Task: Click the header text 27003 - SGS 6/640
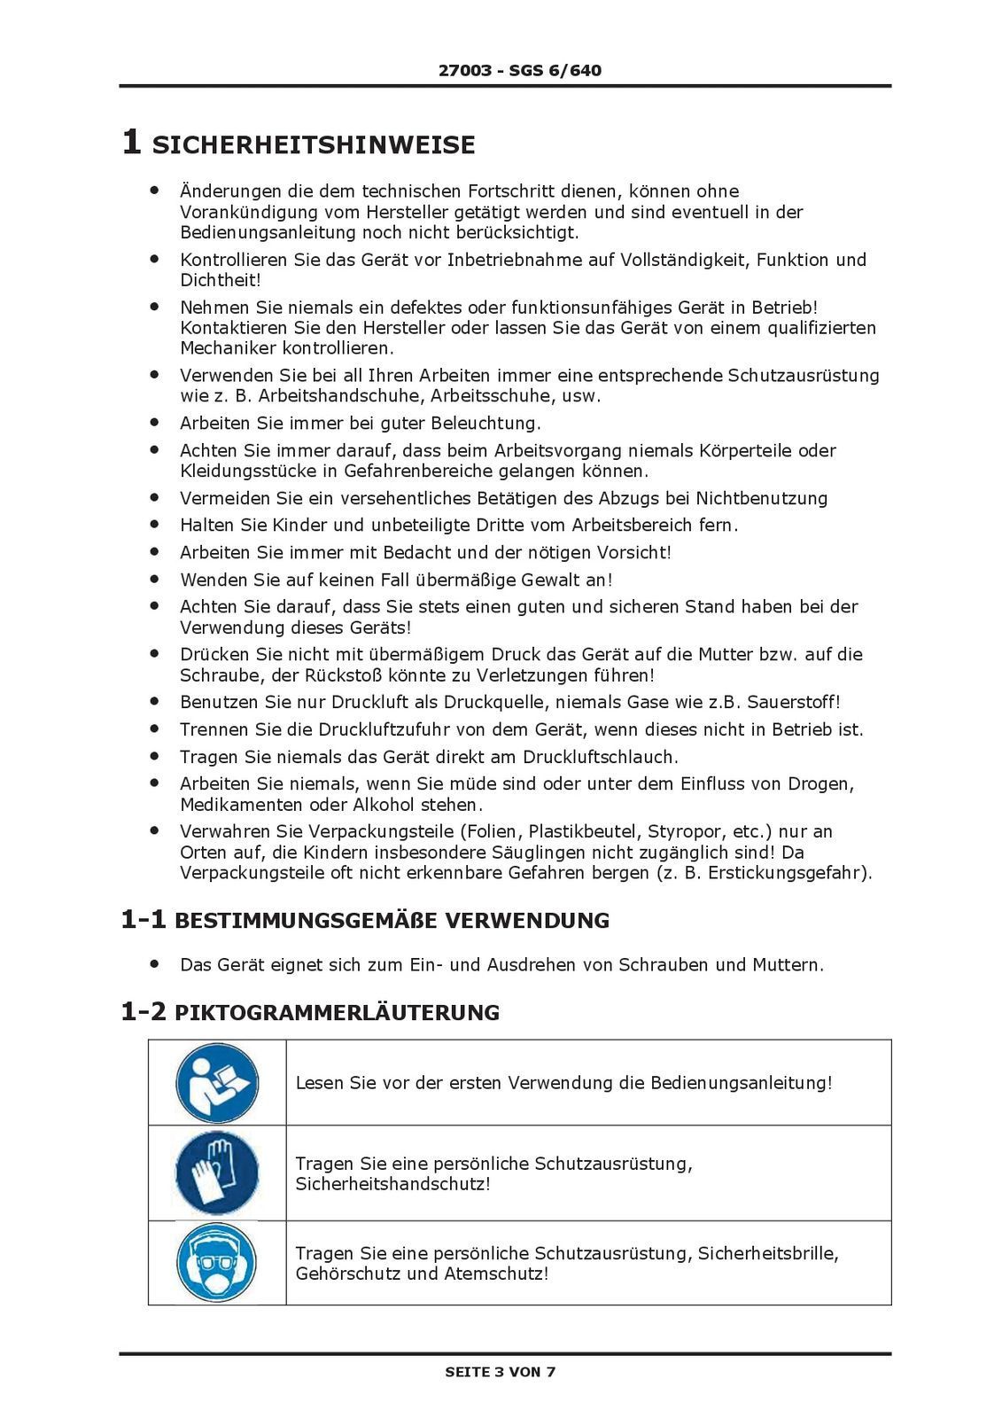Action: coord(519,70)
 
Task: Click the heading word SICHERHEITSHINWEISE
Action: coord(314,145)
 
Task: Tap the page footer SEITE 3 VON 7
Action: coord(501,1372)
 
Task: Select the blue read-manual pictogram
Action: coord(217,1083)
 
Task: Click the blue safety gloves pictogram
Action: coord(217,1173)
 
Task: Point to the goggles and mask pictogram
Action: coord(217,1264)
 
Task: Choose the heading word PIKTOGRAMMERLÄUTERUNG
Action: coord(338,1012)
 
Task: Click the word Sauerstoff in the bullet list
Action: coord(792,703)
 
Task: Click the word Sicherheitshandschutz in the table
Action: coord(392,1185)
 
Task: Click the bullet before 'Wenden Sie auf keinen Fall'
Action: coord(154,580)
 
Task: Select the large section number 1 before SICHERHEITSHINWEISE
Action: coord(130,143)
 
